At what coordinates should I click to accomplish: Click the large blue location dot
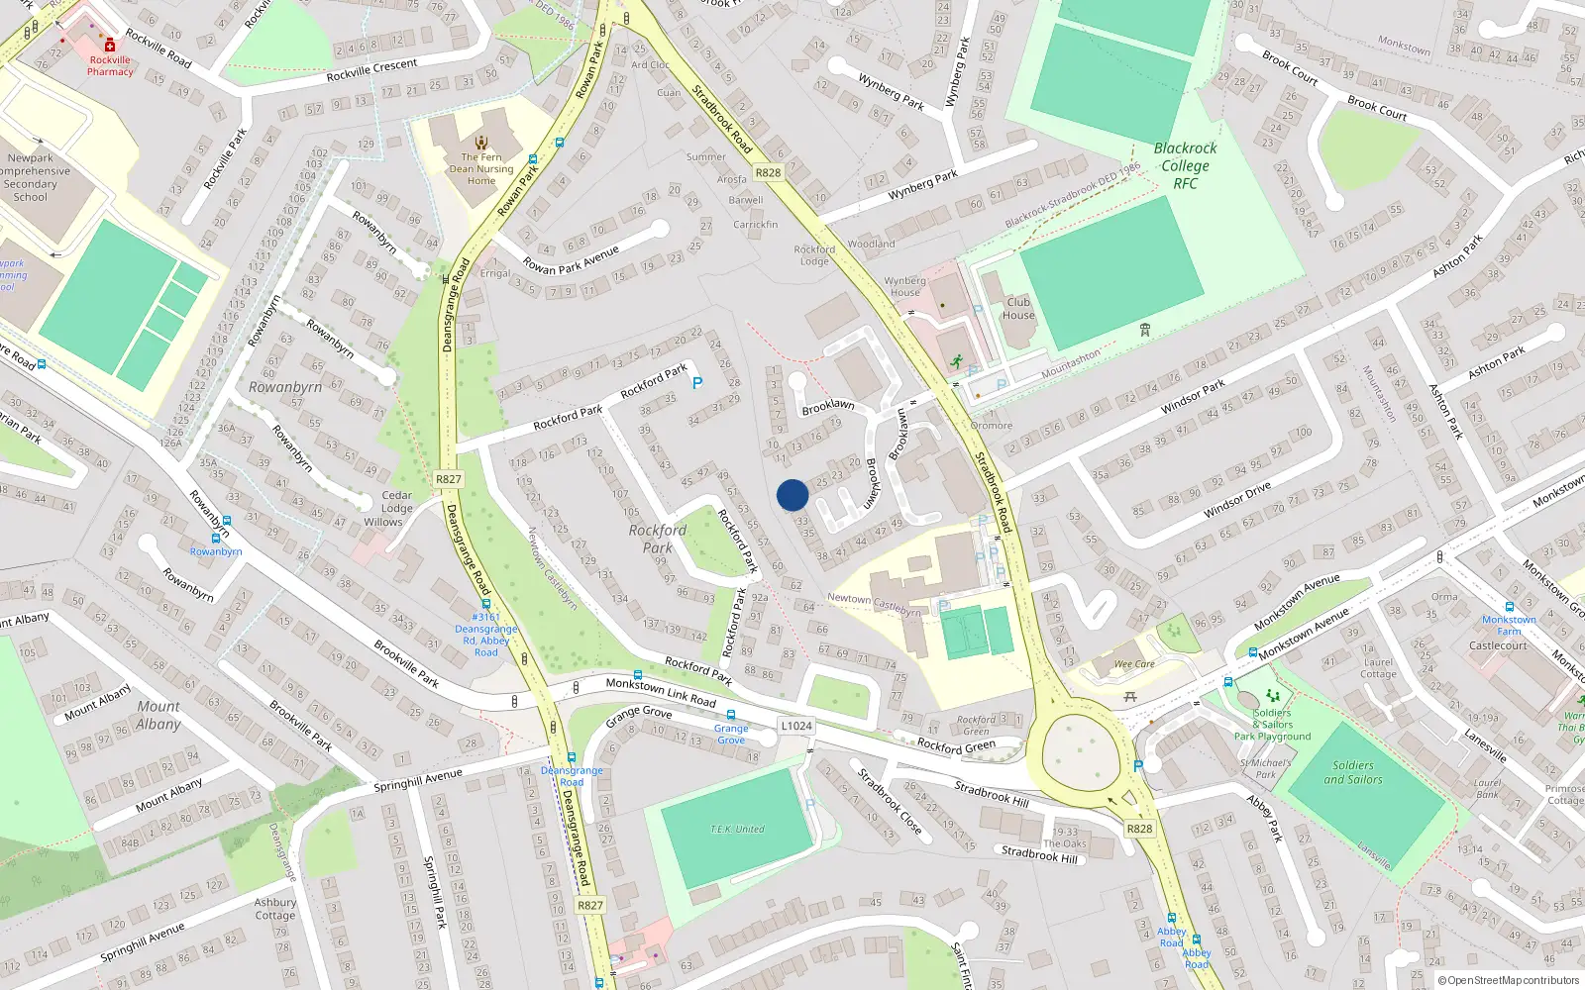[792, 495]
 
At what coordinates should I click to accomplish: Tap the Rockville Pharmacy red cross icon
[110, 45]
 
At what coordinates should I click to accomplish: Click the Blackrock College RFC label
[1185, 165]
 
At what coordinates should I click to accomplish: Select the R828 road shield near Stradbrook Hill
[1139, 829]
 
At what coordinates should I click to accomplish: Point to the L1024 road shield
[795, 726]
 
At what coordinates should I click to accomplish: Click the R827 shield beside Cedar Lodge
[448, 479]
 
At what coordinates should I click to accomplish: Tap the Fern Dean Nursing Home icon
[481, 143]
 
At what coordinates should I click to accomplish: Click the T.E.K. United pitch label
[737, 829]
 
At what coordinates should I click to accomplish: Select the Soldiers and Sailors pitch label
[1352, 772]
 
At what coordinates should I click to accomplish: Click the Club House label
[1018, 309]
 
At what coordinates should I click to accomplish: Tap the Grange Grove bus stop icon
[731, 715]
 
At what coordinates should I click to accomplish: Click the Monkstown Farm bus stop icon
[1509, 607]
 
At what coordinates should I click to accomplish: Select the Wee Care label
[1134, 664]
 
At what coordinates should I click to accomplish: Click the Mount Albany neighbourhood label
[158, 715]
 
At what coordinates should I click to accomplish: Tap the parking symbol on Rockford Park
[697, 383]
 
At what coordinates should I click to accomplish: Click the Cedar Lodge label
[396, 502]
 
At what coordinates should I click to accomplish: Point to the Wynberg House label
[904, 286]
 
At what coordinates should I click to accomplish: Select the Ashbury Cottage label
[274, 909]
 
